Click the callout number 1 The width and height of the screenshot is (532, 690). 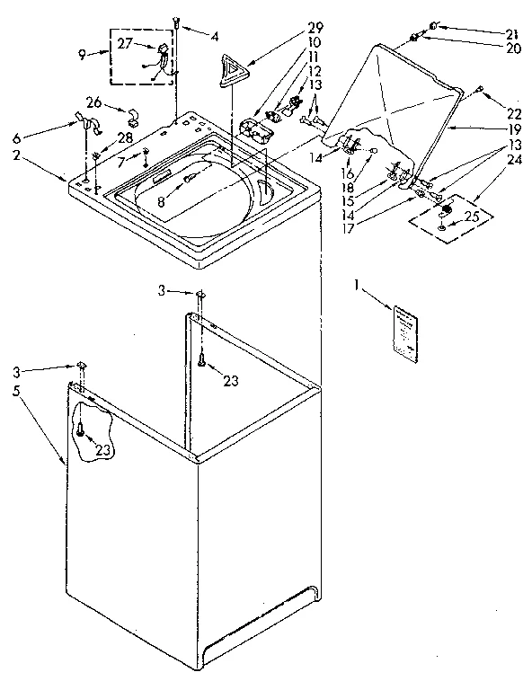pyautogui.click(x=358, y=288)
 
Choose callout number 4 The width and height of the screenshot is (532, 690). pyautogui.click(x=215, y=38)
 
